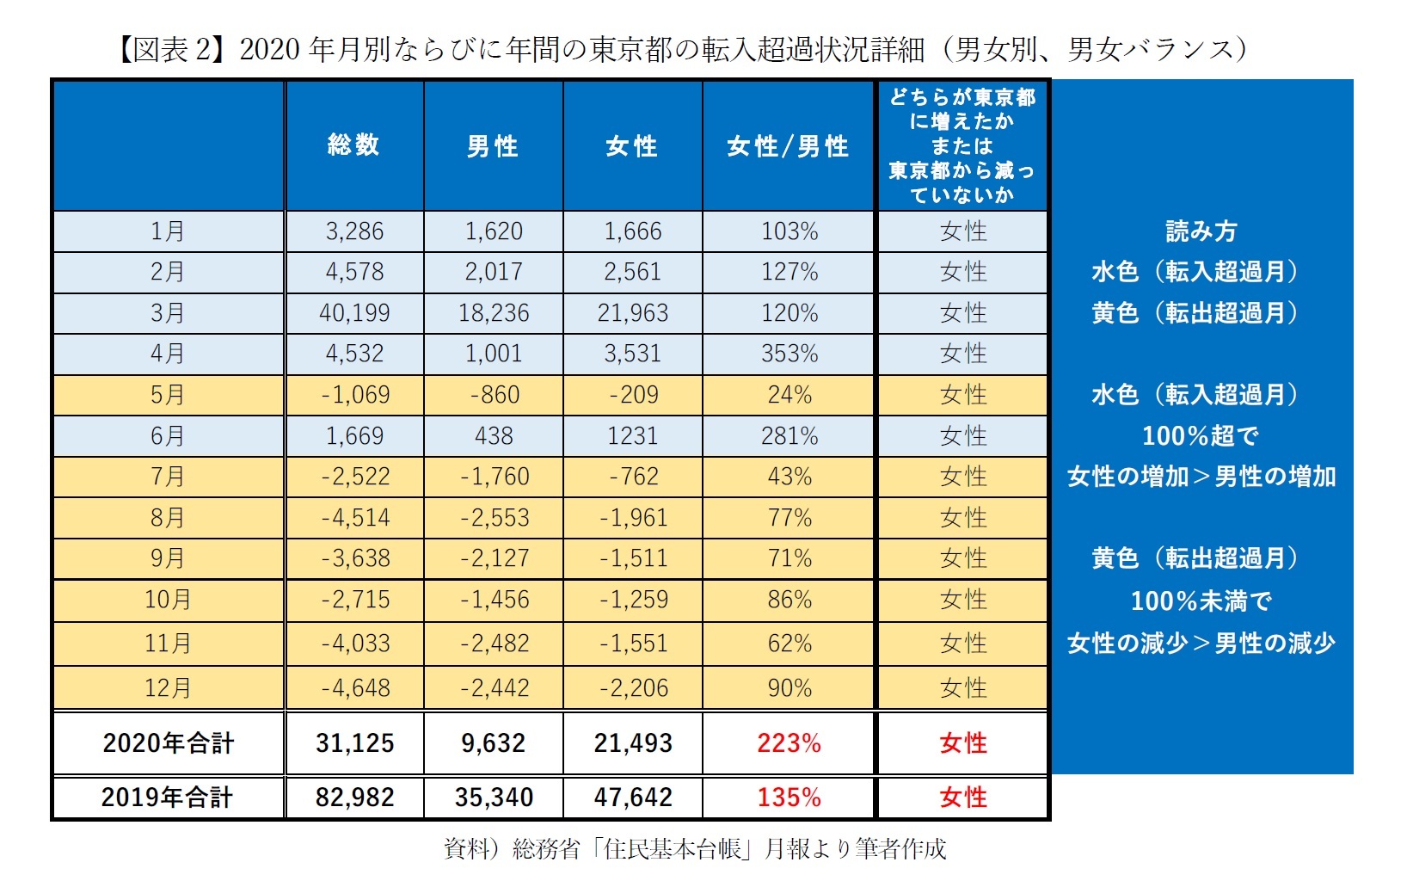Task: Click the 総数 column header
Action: point(353,145)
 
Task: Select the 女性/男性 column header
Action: point(788,146)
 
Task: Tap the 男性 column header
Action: point(493,146)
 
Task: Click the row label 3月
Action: point(168,312)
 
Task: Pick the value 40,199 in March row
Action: point(354,312)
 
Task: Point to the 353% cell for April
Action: point(789,354)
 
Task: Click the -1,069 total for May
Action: point(354,395)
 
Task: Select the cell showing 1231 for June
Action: point(632,436)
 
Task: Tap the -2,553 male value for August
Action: point(494,518)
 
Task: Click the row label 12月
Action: point(168,688)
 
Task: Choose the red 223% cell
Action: point(789,743)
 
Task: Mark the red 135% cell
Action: point(789,798)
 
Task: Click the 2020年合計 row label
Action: point(168,743)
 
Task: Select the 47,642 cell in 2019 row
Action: point(632,798)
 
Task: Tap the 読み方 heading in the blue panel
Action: point(1201,231)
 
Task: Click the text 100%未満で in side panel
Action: point(1201,601)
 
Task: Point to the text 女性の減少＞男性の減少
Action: point(1201,643)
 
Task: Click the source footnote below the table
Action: point(694,849)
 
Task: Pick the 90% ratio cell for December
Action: point(789,688)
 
